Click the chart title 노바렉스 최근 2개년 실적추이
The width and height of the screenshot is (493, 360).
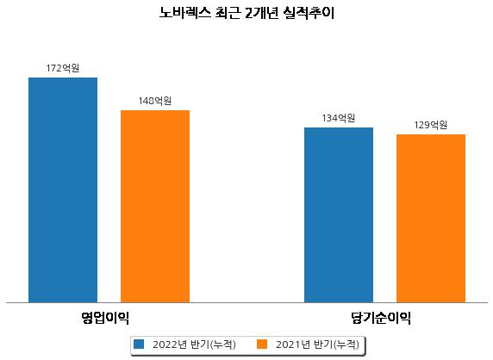[246, 13]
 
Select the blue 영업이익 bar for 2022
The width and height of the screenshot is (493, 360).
[63, 190]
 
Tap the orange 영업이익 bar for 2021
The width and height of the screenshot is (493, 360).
[155, 207]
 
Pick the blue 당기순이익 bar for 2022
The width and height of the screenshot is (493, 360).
[339, 214]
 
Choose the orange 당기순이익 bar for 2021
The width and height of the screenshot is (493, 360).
[431, 218]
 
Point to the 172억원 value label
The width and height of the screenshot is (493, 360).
[63, 68]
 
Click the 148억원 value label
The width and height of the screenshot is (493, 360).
[155, 101]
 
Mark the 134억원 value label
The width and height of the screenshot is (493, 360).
[339, 118]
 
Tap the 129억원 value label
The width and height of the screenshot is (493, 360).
[431, 125]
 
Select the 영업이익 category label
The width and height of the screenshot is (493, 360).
[105, 318]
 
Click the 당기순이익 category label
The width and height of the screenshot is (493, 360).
[381, 318]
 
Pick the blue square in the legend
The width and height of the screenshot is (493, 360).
[139, 344]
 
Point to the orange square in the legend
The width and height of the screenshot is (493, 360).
[262, 344]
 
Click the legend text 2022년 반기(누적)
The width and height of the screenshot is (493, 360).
[194, 344]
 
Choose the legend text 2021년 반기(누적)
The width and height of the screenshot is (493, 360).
[317, 344]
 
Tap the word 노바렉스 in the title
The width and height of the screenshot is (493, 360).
[184, 13]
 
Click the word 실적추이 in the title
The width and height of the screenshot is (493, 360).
[309, 13]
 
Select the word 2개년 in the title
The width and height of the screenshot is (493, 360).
[261, 13]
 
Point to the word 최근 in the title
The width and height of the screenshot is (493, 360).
[228, 13]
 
